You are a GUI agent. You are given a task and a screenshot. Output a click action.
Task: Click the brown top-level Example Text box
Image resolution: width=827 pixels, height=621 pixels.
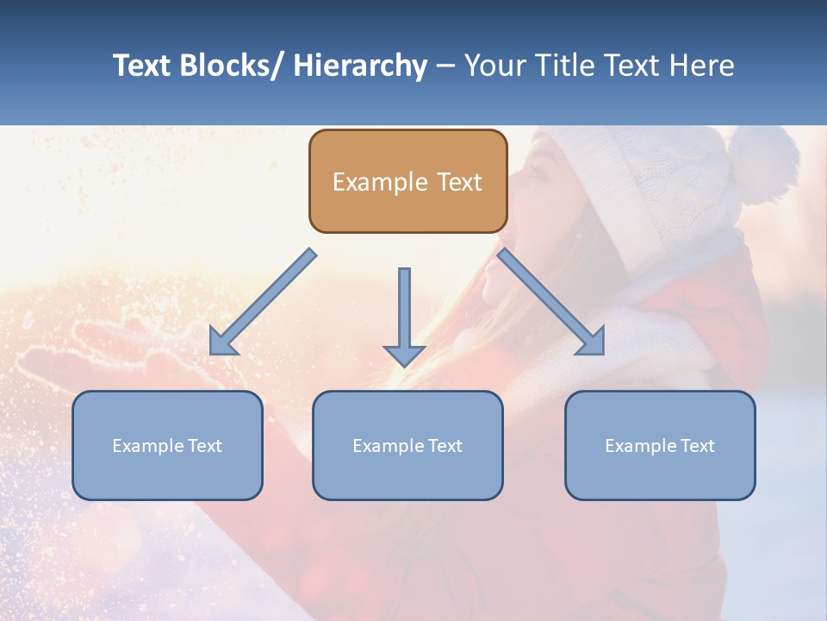click(x=407, y=181)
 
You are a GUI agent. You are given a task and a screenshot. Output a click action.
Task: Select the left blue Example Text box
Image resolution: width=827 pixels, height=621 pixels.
click(x=167, y=445)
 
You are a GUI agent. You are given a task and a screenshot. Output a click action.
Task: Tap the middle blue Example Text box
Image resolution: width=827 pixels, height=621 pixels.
click(x=407, y=445)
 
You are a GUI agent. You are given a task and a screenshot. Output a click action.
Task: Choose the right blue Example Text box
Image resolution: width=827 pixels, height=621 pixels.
click(x=660, y=445)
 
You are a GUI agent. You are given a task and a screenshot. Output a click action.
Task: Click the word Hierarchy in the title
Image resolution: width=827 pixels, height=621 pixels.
click(x=360, y=66)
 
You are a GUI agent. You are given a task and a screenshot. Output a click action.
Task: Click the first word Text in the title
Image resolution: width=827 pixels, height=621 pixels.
click(x=142, y=66)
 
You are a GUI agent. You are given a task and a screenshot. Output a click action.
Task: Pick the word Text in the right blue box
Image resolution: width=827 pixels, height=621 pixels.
click(x=697, y=445)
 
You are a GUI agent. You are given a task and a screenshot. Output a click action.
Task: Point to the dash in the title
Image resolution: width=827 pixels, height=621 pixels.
click(x=445, y=66)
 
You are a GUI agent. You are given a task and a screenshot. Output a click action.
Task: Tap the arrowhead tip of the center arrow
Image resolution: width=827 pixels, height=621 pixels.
click(x=404, y=364)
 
